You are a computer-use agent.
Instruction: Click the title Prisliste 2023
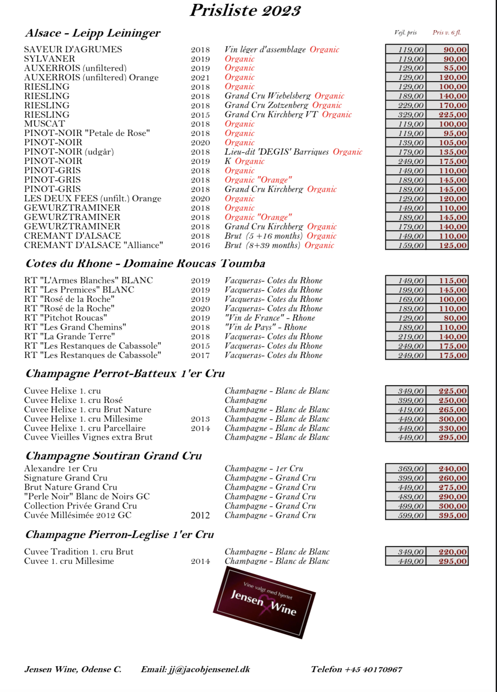coord(245,11)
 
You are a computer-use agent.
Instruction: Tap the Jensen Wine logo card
coord(264,602)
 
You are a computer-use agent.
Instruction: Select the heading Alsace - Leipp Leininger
coord(93,33)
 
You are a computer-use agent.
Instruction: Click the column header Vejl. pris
coord(405,33)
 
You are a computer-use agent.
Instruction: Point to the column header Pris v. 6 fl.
coord(446,33)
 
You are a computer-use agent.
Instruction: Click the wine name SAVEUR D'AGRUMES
coord(73,50)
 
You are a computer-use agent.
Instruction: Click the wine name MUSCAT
coord(45,124)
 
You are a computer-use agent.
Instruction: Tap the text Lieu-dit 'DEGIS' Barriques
coord(277,152)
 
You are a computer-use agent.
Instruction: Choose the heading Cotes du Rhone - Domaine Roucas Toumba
coord(145,264)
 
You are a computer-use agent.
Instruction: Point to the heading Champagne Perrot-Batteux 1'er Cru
coord(125,374)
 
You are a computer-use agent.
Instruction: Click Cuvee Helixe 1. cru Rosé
coord(73,400)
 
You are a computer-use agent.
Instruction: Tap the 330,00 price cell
coord(452,428)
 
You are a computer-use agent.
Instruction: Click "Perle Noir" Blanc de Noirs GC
coord(87,497)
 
